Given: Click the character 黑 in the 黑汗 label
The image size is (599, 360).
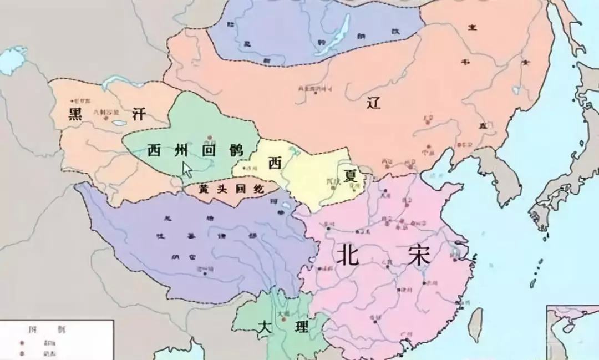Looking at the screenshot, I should coord(75,114).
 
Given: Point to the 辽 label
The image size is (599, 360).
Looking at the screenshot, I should coord(374,102).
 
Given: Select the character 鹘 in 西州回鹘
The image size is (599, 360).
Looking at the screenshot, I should coord(237,150).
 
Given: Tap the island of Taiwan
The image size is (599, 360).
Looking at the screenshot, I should coord(475,324).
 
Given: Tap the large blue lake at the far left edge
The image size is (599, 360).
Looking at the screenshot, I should coord(10,59).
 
